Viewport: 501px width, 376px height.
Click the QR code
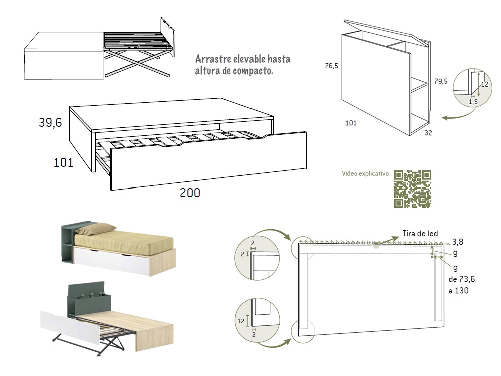412,189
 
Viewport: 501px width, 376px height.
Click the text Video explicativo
365,174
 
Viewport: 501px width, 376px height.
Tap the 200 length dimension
190,193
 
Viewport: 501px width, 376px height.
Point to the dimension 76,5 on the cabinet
331,65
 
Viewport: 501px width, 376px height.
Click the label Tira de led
420,234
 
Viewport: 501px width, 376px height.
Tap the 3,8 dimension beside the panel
458,241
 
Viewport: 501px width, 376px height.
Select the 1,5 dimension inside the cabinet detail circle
473,102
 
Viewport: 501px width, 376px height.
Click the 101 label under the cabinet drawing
351,123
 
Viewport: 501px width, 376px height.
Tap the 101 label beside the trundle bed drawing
63,163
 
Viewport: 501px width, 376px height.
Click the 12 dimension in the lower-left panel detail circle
242,321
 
